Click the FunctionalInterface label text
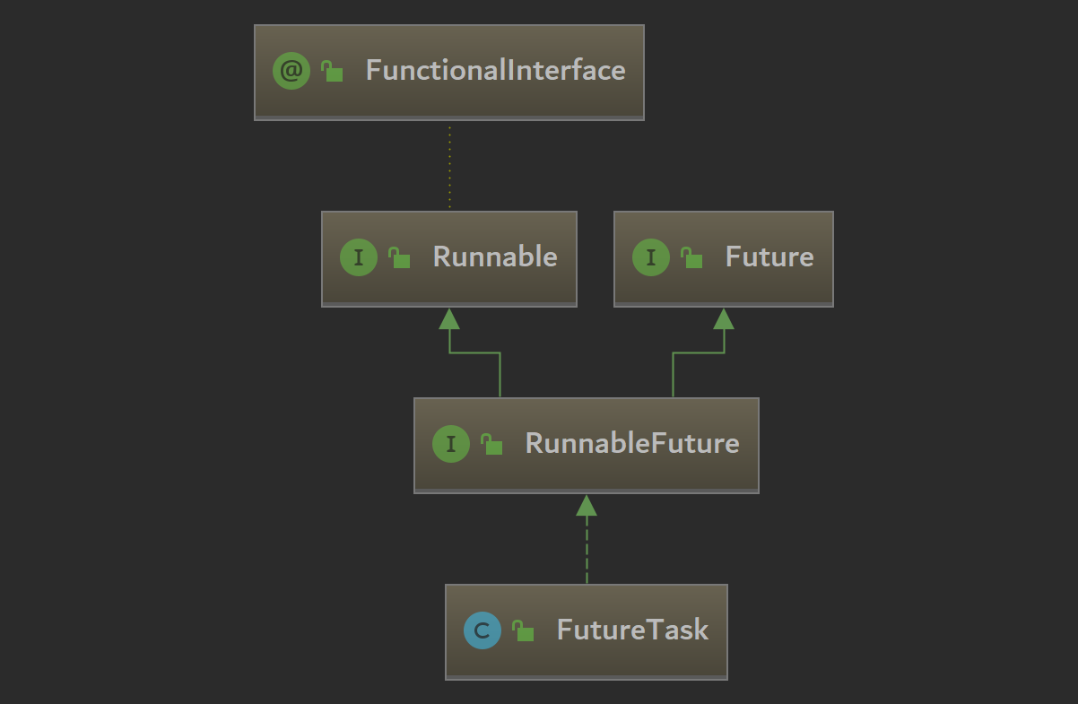tap(495, 71)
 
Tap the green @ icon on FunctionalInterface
tap(291, 71)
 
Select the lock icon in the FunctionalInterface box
tap(333, 72)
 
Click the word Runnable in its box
tap(495, 257)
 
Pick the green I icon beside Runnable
tap(359, 258)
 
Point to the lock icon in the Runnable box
tap(400, 258)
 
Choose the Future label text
tap(769, 257)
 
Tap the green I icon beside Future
tap(651, 258)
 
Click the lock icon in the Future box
tap(692, 258)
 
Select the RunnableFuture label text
tap(632, 444)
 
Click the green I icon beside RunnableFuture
tap(451, 444)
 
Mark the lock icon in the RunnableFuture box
tap(492, 444)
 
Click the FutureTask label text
tap(632, 630)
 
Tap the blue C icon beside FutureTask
tap(482, 630)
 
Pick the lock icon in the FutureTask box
tap(524, 631)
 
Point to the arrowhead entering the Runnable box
tap(449, 318)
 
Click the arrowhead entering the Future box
tap(724, 318)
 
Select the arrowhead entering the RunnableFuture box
tap(587, 505)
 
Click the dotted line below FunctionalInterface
tap(449, 166)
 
